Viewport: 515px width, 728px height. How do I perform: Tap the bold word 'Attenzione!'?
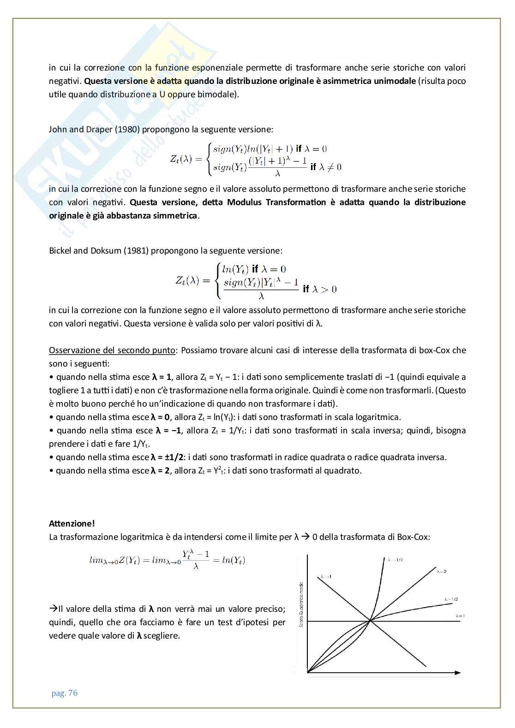pos(72,523)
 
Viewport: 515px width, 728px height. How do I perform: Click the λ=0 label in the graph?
pos(442,571)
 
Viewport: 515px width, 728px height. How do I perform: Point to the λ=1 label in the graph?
pos(459,616)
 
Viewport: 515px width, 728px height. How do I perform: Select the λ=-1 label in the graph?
pos(325,576)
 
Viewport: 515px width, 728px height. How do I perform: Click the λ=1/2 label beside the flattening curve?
pos(450,599)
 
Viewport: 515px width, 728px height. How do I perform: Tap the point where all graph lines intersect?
pos(371,621)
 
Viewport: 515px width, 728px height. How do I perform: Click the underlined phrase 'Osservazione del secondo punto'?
pos(112,350)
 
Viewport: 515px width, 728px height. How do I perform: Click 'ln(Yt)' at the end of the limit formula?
pos(233,561)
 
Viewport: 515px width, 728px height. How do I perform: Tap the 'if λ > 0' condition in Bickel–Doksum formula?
pos(320,289)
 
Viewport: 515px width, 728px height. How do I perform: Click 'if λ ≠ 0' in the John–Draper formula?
pos(326,167)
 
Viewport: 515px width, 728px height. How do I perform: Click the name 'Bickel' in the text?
pos(60,251)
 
